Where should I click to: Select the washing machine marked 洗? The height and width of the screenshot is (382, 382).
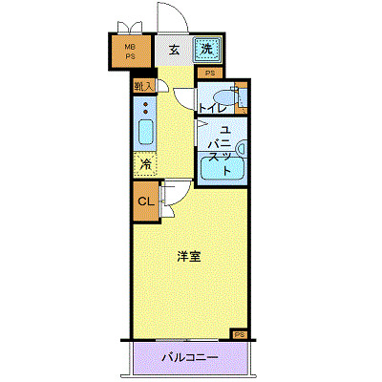coord(206,50)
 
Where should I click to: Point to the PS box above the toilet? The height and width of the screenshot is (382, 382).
coord(208,73)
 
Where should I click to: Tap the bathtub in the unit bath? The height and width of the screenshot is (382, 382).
coord(222,167)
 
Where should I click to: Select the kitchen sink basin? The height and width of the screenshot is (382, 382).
coord(146,131)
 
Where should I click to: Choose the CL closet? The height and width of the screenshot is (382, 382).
coord(144,202)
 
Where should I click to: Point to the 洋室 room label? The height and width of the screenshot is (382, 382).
coord(187,256)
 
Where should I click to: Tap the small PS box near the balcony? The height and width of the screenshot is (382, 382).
coord(239,334)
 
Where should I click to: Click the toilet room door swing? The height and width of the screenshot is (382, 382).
coord(185,98)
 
